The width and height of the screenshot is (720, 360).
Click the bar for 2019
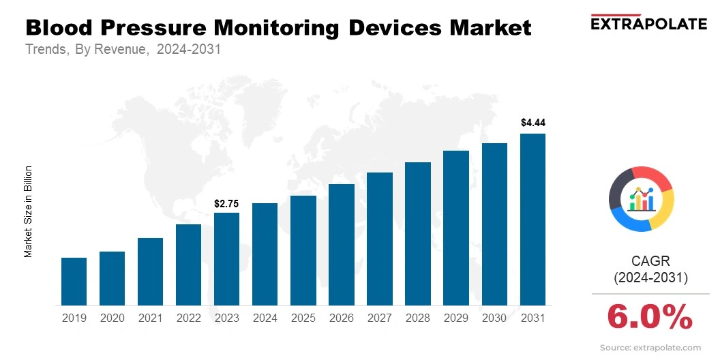coord(74,282)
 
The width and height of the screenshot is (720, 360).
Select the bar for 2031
coord(532,220)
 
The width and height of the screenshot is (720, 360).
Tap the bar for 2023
coord(226,259)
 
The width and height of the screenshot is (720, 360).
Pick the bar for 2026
coord(341,245)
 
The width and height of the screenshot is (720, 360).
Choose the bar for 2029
coord(456,228)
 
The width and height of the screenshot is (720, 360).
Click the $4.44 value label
coord(532,123)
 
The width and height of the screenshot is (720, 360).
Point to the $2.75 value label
coord(226,203)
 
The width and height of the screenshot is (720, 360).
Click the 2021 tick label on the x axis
coord(150,318)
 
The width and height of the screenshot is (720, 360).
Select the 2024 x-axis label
coord(265,318)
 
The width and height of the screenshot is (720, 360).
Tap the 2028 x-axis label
coord(418,318)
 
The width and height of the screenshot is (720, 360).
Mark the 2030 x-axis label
coord(494,318)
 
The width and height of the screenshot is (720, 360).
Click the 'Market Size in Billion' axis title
coord(29,211)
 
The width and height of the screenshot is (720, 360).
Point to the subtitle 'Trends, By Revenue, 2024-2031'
coord(123,50)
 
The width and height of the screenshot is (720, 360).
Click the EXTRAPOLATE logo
coord(648,23)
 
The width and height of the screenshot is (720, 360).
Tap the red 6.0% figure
coord(650,317)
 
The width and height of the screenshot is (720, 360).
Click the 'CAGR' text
coord(650,260)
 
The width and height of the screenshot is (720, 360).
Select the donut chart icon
coord(642,198)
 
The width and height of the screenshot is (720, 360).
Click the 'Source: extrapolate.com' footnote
coord(650,348)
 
